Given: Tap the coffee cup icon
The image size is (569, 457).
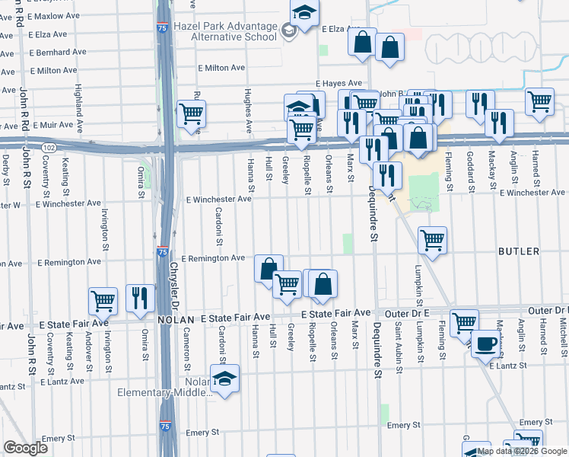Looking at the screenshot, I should pyautogui.click(x=485, y=344).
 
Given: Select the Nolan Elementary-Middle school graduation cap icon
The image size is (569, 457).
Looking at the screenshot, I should pyautogui.click(x=225, y=379).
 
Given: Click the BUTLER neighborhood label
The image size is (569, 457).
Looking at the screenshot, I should pyautogui.click(x=519, y=251).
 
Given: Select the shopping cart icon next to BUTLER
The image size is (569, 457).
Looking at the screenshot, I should pyautogui.click(x=432, y=240).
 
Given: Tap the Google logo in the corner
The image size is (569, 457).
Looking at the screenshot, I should pyautogui.click(x=25, y=448).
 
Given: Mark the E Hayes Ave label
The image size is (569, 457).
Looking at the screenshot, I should pyautogui.click(x=339, y=83).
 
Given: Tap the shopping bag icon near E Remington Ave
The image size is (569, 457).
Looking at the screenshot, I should pyautogui.click(x=268, y=268).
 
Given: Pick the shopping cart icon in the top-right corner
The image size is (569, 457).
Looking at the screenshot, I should pyautogui.click(x=539, y=101).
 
